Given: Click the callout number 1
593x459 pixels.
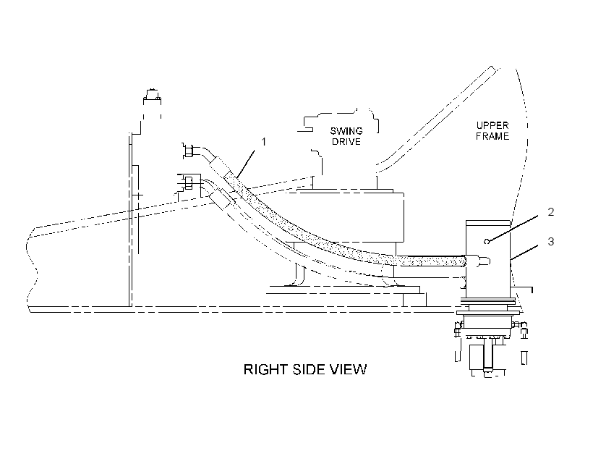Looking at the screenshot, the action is [x=264, y=142].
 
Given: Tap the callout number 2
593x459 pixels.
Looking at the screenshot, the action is [x=550, y=211].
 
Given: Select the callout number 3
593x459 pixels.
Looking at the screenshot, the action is [x=550, y=241].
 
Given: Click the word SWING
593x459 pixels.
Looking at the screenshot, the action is [x=346, y=131].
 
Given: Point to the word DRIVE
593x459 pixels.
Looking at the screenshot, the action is [x=346, y=142].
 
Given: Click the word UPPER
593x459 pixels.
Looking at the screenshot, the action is [x=492, y=125].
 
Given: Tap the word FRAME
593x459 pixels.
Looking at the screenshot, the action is [x=492, y=136].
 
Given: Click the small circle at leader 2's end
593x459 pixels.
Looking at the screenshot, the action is [x=487, y=241].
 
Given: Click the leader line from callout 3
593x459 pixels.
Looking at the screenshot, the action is [x=524, y=252].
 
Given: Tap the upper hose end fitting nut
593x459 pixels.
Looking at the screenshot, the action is [x=189, y=151].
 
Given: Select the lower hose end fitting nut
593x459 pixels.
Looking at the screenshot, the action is [x=187, y=182].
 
